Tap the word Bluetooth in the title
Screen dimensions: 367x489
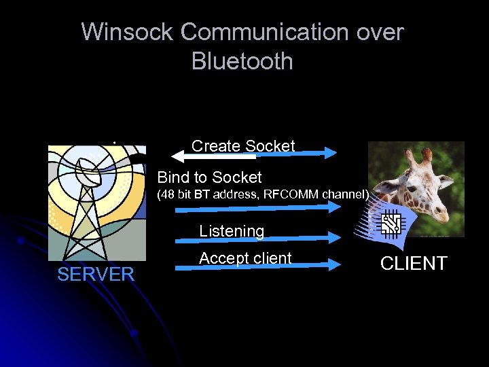point(242,61)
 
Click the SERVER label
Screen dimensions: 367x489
point(96,275)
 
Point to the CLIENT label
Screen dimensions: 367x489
point(414,264)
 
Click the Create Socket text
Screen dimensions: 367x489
point(243,146)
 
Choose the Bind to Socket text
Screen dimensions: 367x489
point(209,177)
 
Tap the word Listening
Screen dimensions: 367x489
point(232,231)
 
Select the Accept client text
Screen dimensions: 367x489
point(245,258)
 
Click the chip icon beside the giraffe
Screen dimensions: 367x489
point(391,223)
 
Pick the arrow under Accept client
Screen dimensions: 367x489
point(258,266)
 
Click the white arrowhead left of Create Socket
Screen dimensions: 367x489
point(178,157)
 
